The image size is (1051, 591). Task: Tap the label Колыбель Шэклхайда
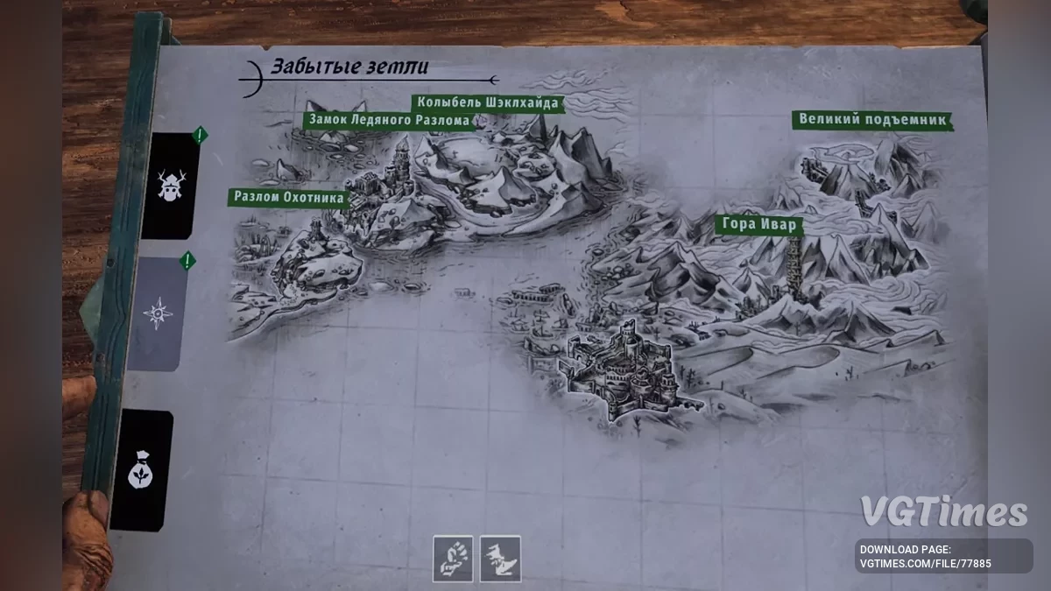(487, 102)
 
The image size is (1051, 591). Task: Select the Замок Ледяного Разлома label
(390, 119)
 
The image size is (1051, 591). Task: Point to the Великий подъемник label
(872, 120)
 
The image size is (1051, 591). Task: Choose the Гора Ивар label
(759, 224)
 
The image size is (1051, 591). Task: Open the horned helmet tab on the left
(169, 185)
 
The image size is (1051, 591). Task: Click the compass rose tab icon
(158, 313)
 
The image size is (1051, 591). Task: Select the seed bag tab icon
(141, 474)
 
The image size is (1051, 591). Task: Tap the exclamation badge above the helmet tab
(200, 135)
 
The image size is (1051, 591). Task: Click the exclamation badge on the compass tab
(186, 260)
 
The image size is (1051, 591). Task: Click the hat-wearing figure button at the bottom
(500, 559)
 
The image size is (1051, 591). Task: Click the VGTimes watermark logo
(942, 512)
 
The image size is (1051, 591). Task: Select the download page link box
(943, 556)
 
